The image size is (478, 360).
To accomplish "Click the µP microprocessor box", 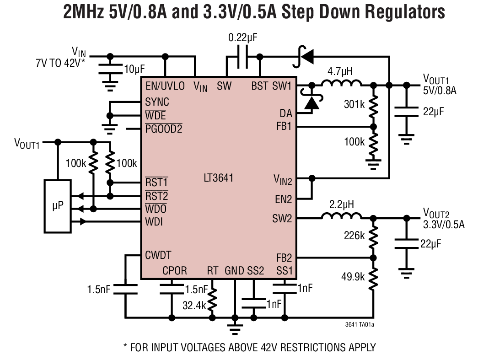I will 57,206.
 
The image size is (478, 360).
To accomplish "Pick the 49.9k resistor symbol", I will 374,279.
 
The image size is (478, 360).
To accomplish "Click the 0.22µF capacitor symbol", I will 243,57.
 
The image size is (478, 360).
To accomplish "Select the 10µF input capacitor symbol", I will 110,69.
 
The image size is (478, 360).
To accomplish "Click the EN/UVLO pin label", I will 165,86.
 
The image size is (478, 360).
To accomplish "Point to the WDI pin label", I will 154,222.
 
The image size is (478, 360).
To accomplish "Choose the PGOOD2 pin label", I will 163,129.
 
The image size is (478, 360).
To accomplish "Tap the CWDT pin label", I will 158,255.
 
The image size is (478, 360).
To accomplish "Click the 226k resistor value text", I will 354,236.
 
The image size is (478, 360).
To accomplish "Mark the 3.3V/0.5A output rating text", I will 443,224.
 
